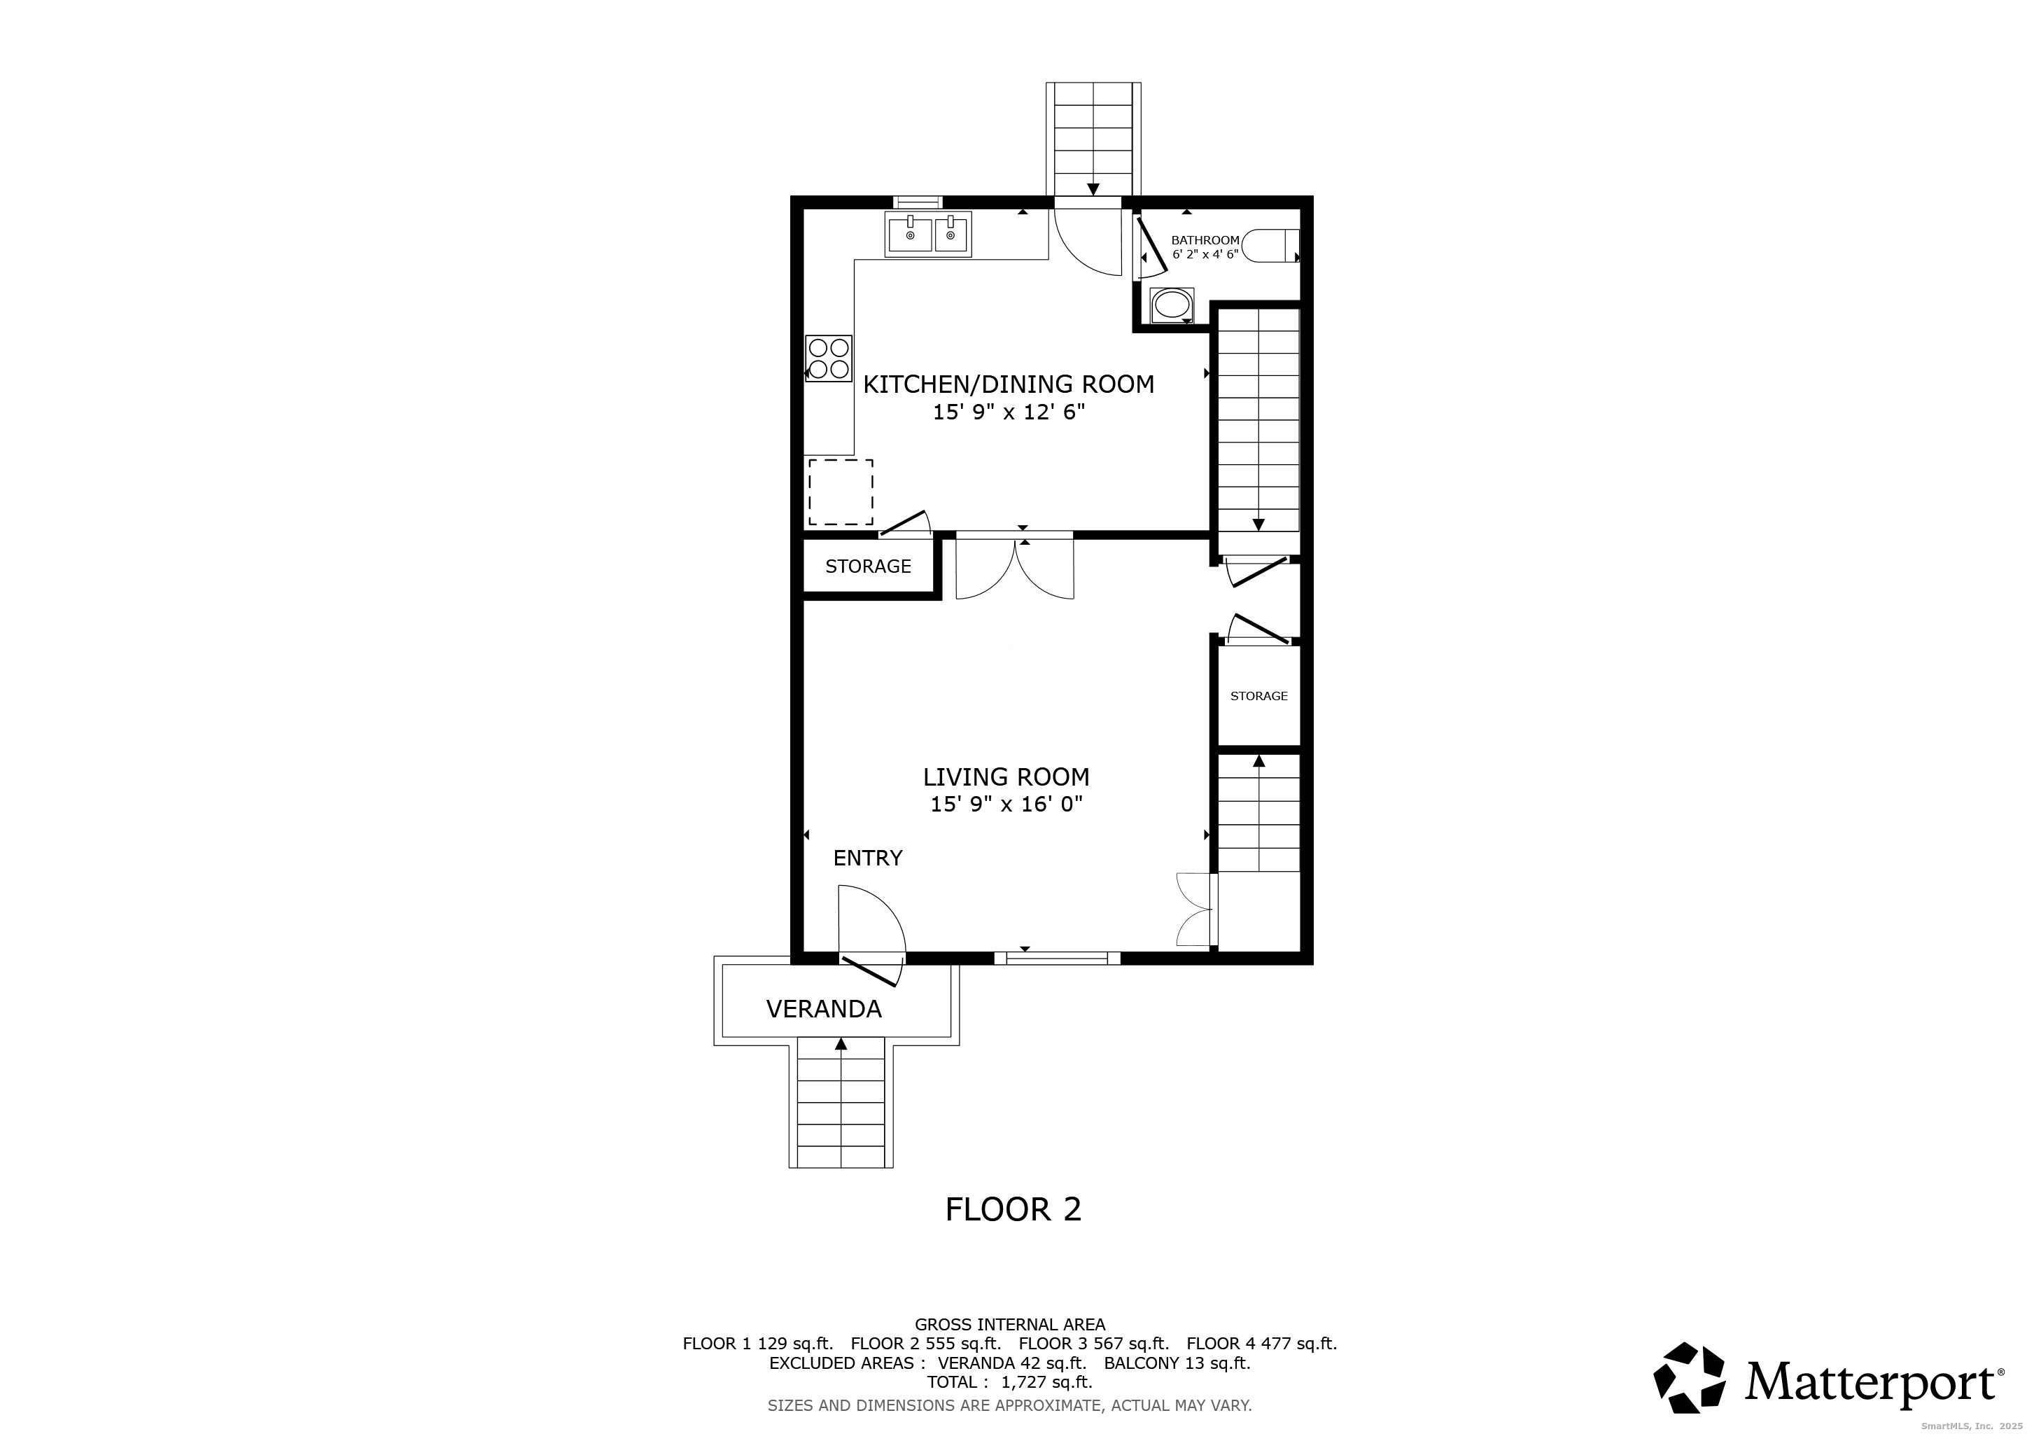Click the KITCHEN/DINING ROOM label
coord(1008,384)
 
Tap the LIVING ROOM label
coord(1007,777)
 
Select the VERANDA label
coord(824,1009)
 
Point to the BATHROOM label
coord(1205,240)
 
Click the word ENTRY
coord(868,858)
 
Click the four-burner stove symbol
coord(829,358)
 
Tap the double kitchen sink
coord(928,234)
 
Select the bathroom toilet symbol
coord(1270,246)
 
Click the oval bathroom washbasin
coord(1172,305)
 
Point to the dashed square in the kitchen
coord(841,492)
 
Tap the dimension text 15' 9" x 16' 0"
coord(1007,805)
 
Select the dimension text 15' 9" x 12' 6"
coord(1008,412)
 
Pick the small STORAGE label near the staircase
coord(1259,696)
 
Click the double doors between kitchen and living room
coord(1016,565)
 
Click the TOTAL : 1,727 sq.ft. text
coord(1009,1383)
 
